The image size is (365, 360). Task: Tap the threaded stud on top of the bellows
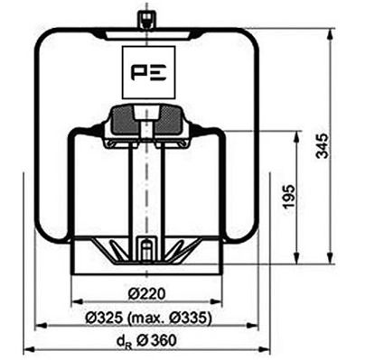tap(145, 19)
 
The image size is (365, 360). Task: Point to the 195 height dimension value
tap(289, 196)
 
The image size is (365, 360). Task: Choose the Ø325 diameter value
tap(102, 318)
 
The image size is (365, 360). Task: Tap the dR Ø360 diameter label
tap(145, 342)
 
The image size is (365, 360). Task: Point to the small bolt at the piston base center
tap(145, 247)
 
